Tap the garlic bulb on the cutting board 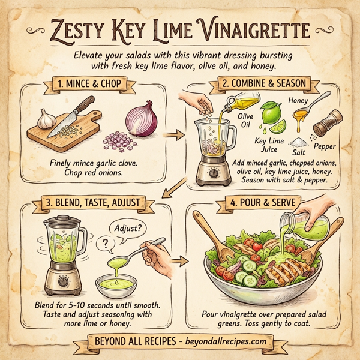47,118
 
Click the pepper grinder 325,122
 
